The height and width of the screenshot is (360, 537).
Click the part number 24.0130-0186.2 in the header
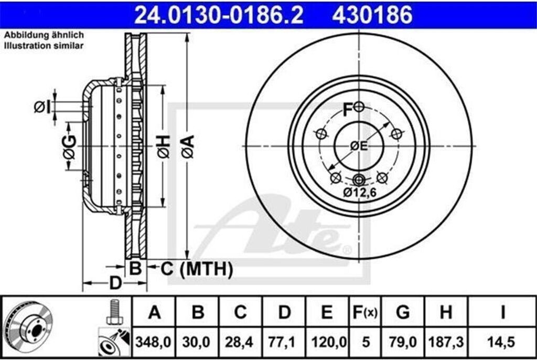click(219, 15)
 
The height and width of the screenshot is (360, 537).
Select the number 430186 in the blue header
click(372, 15)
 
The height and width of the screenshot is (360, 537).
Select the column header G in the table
click(403, 313)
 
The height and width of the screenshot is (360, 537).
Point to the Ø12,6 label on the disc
click(360, 193)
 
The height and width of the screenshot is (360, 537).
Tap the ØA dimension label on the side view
click(187, 146)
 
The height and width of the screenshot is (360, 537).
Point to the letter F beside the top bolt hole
click(347, 109)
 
